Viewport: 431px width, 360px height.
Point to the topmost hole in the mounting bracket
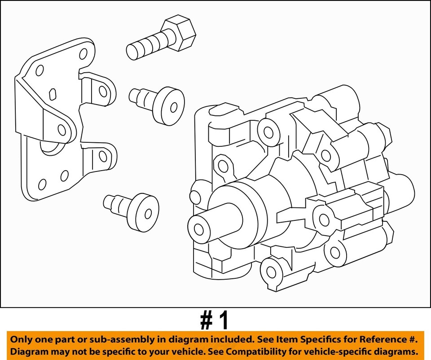pos(83,55)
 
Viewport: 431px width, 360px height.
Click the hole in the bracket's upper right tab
pos(103,92)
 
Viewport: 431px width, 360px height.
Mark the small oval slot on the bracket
pos(52,94)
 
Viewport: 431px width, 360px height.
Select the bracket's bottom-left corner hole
pos(43,184)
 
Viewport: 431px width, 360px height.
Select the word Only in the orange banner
pos(22,339)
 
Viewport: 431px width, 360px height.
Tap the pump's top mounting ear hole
pos(268,132)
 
